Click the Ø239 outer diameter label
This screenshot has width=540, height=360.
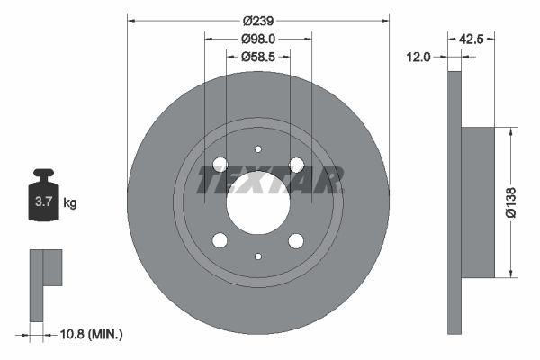tap(258, 22)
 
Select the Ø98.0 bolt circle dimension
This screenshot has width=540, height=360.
tap(258, 40)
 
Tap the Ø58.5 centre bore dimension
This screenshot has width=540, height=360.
tap(258, 57)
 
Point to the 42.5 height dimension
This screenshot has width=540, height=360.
tap(473, 40)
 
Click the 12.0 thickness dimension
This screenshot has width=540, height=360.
tap(418, 57)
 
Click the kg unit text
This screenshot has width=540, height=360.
tap(70, 203)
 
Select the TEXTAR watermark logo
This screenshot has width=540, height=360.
tap(270, 181)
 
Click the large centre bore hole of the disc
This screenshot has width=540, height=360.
tap(258, 202)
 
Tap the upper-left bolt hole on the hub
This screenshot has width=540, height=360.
tap(220, 165)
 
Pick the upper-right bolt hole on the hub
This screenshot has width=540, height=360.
tap(296, 165)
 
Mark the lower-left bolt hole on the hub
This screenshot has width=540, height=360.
tap(220, 240)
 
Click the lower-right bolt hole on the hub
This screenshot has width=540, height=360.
tap(296, 240)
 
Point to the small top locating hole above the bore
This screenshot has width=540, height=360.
tap(258, 149)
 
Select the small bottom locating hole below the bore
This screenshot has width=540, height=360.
tap(258, 256)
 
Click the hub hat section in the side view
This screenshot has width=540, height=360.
tap(478, 202)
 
